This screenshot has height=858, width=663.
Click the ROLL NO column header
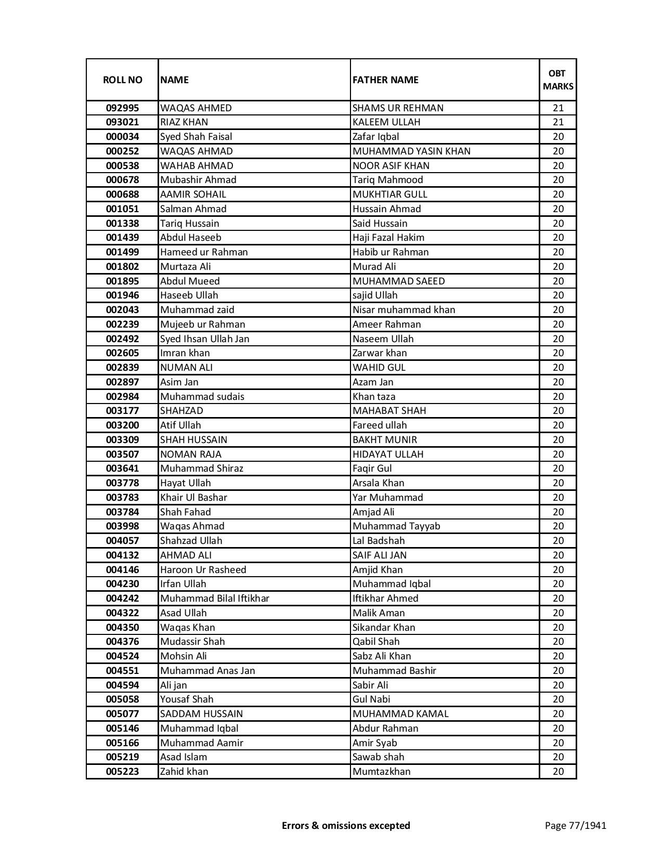[122, 80]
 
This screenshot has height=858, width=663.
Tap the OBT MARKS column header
[558, 80]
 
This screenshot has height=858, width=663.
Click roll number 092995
[122, 108]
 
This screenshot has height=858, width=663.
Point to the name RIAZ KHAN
[184, 122]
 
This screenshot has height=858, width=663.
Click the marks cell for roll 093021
[558, 122]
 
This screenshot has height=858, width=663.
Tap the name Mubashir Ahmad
[198, 180]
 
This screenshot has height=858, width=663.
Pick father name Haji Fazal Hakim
[388, 238]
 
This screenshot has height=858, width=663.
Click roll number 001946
[122, 295]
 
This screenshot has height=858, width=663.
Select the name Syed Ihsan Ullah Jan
[205, 339]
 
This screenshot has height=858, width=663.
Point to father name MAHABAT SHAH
[389, 411]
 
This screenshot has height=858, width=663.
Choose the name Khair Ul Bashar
[193, 498]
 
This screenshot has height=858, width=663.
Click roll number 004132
[122, 555]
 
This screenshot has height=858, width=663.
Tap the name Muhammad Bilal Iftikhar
[215, 599]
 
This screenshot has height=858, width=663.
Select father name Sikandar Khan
[384, 628]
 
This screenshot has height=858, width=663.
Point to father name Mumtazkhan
[382, 772]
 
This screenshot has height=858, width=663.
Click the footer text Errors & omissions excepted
[346, 825]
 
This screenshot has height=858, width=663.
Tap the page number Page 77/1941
[576, 825]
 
